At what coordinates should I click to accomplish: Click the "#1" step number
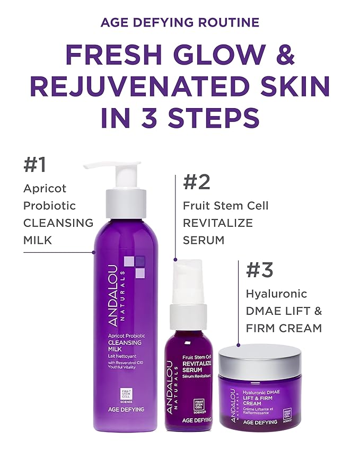(35, 165)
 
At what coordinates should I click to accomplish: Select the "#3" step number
(259, 270)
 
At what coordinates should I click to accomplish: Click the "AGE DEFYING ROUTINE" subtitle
(180, 22)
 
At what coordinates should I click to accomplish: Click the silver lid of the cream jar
(259, 356)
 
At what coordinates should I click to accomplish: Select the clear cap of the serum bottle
(188, 281)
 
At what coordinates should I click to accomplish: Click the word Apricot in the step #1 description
(45, 188)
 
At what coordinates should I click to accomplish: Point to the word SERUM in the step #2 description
(204, 240)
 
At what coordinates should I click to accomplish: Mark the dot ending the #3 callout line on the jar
(239, 346)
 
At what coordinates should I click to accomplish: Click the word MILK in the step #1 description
(37, 240)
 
